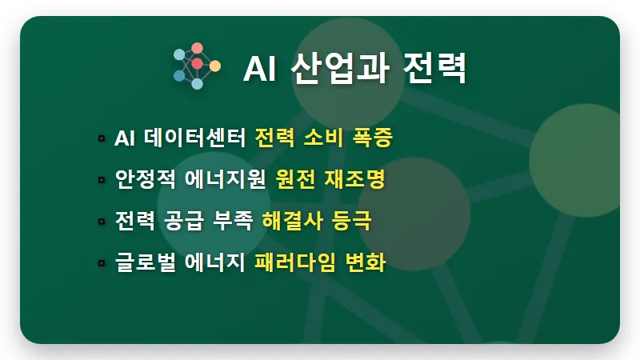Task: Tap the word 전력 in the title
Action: [434, 69]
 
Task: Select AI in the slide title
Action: [258, 70]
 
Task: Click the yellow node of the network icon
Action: [214, 66]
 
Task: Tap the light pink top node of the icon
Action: [197, 48]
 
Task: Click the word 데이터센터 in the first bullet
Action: [194, 138]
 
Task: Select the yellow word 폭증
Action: [373, 138]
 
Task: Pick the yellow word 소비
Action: [325, 138]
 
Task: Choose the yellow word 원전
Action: [294, 179]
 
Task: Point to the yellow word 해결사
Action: [284, 221]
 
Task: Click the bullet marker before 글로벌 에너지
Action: [102, 262]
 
